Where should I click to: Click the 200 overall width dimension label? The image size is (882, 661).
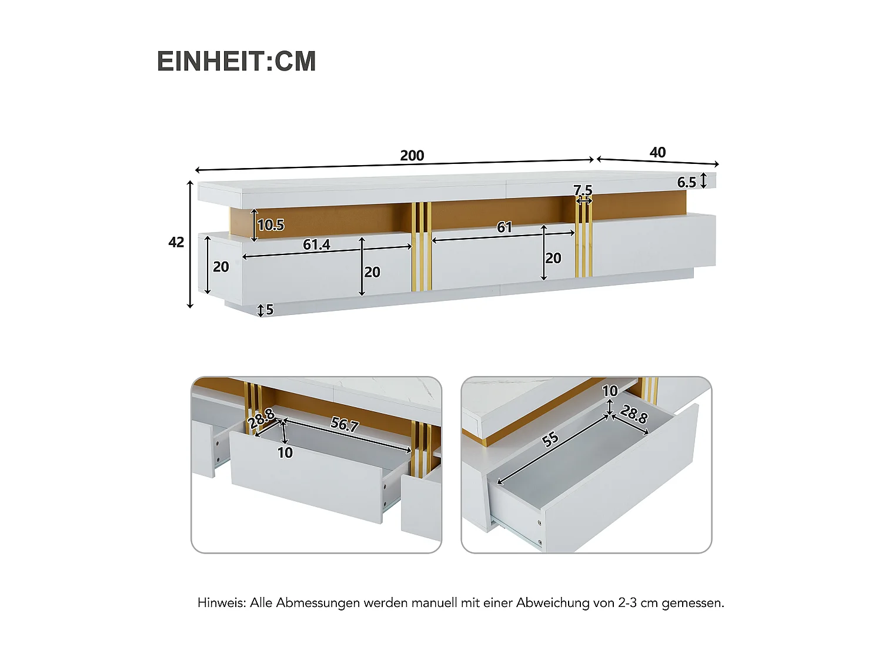pos(412,156)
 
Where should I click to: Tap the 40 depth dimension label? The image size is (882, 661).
pos(657,153)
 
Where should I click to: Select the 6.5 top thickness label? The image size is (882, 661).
pos(686,183)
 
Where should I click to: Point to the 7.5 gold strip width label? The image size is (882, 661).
pos(583,190)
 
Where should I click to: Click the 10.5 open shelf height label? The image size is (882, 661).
pos(270,225)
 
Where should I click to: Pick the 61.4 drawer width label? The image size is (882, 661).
pos(316,244)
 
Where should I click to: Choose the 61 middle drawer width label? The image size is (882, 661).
pos(505,227)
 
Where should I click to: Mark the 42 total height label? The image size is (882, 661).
pos(176,242)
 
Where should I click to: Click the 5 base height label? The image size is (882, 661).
pos(269,310)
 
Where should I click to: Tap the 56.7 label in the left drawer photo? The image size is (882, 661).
pos(345,424)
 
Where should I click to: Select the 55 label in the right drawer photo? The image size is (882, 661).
pos(550,439)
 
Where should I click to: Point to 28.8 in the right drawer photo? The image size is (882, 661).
pos(634,414)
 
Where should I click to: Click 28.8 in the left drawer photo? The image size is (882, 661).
pos(261,418)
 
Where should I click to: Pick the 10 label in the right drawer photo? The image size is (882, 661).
pos(610,391)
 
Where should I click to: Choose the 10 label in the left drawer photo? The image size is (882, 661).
pos(285,453)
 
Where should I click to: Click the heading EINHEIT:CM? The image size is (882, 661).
pos(236,62)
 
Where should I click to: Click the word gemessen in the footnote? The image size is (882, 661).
pos(692,603)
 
